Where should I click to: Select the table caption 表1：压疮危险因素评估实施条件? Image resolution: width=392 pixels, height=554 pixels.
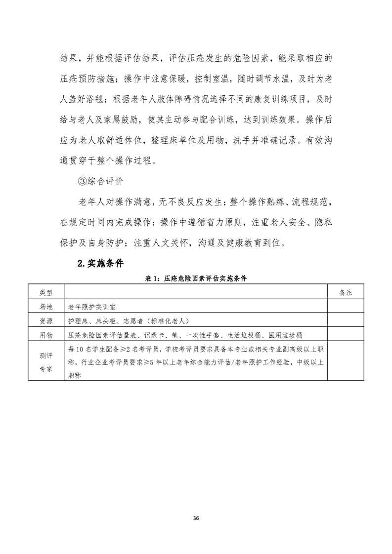[196, 278]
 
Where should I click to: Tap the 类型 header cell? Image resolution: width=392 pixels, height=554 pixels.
[45, 292]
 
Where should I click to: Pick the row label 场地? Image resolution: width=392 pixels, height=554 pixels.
[45, 306]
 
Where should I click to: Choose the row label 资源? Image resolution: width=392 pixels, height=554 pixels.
[45, 320]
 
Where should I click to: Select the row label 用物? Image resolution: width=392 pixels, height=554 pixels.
[45, 335]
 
